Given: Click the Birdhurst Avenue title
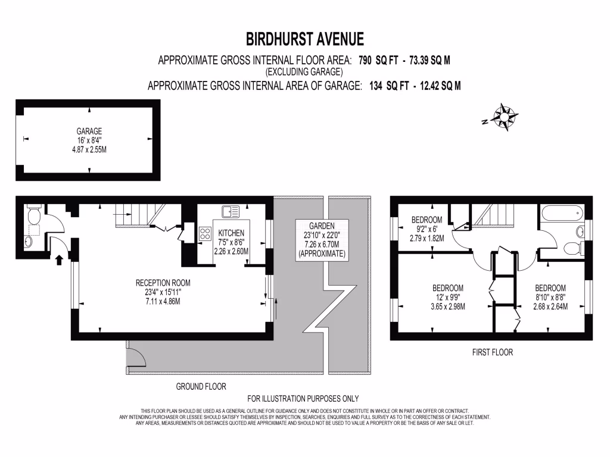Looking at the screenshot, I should [304, 39].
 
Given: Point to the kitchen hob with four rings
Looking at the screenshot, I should [207, 233].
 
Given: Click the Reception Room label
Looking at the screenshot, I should [163, 292].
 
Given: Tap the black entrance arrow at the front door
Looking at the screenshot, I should [58, 259].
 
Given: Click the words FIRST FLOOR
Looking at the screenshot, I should [492, 352].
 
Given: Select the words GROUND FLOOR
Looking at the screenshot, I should [201, 386].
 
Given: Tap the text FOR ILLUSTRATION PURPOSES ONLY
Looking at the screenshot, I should [303, 399].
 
